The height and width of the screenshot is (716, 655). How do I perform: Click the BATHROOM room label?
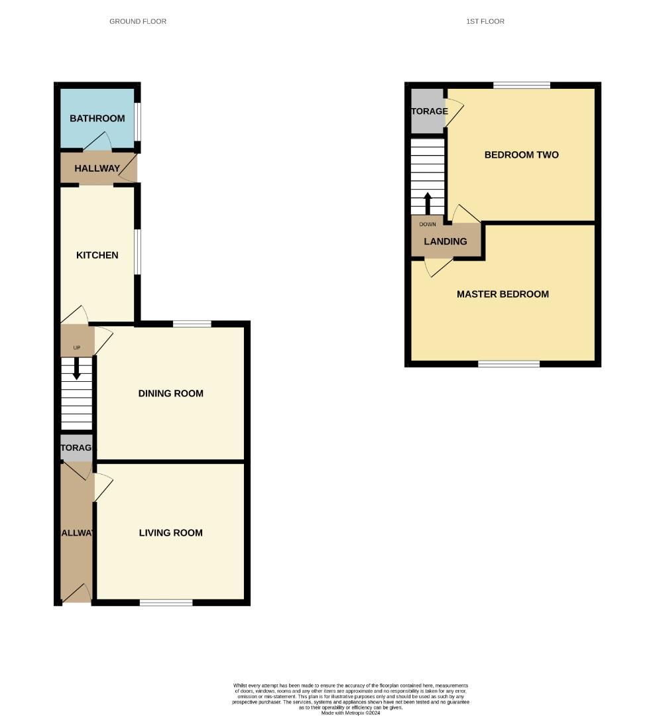coord(97,119)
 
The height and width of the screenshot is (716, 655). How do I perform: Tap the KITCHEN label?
coord(97,255)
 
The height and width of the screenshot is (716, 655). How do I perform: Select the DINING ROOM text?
coord(170,394)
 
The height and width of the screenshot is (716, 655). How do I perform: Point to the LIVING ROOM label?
coord(170,533)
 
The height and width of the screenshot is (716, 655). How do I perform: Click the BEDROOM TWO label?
coord(521,155)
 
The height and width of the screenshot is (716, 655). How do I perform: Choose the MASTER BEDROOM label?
coord(503,294)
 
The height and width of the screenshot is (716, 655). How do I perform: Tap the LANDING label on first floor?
coord(445,241)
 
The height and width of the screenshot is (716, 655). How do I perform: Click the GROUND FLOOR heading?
coord(138,22)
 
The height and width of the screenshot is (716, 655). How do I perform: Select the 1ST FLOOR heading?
coord(485,22)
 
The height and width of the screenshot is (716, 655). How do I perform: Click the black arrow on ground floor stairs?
coord(76,369)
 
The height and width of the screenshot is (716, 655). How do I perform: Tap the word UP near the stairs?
coord(76,347)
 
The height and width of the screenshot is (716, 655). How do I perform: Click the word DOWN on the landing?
coord(428,224)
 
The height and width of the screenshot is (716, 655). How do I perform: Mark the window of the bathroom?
coord(137,121)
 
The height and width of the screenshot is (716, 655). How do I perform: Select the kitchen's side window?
coord(137,252)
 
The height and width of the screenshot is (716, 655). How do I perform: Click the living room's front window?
coord(166,602)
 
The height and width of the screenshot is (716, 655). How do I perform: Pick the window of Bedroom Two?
coord(522,85)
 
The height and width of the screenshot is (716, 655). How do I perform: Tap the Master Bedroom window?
coord(508,363)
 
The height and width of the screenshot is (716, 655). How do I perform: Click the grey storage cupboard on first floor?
coord(428,111)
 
